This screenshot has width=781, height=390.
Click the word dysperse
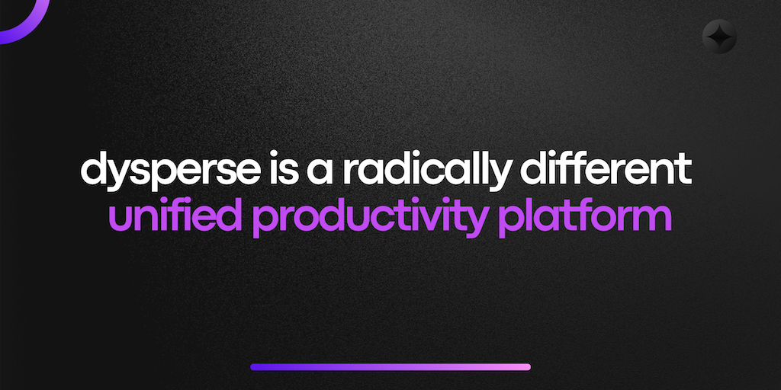point(170,171)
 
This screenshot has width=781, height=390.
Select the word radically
point(428,171)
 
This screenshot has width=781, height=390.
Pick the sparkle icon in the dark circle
point(719,37)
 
